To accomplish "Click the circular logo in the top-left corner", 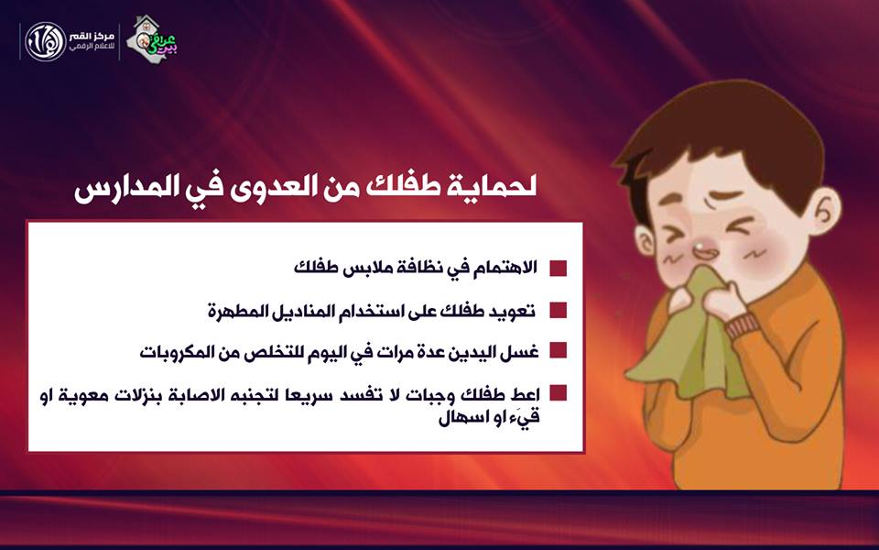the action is coord(46,42).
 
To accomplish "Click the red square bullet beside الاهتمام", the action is coord(558,268).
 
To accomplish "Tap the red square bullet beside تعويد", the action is coord(558,310).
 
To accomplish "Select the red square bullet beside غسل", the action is coord(558,350).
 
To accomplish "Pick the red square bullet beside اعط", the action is coord(558,392).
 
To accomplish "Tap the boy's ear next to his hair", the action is coord(825,212).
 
